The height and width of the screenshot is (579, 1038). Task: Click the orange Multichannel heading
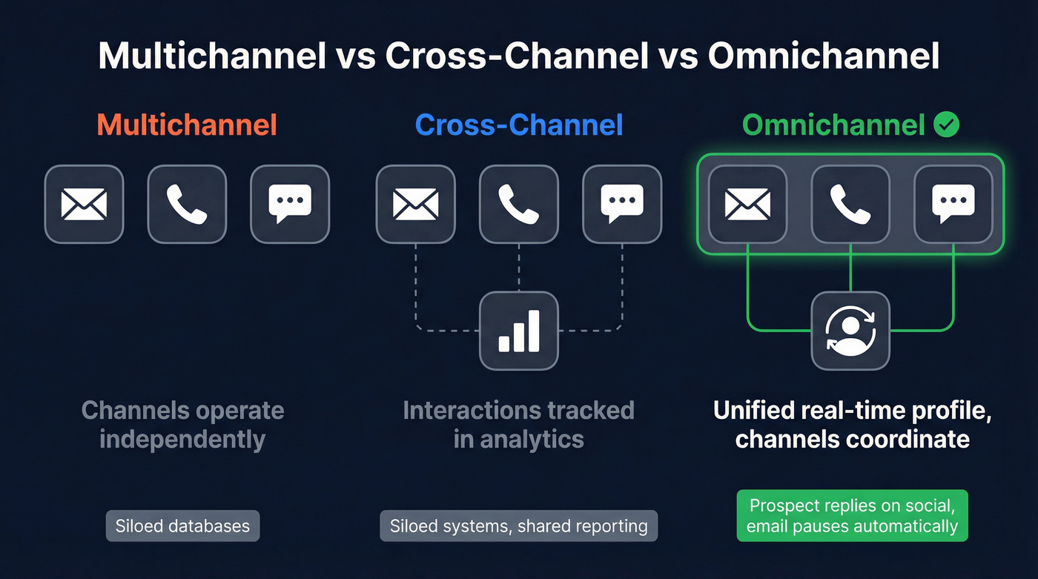click(x=187, y=125)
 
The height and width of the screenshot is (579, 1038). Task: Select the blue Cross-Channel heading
click(x=519, y=125)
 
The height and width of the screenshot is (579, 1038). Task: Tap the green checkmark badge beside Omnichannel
click(x=946, y=125)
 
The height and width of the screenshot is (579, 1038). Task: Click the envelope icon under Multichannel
click(x=84, y=204)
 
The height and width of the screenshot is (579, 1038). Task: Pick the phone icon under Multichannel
click(x=187, y=204)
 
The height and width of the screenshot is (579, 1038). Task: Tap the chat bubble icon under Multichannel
click(x=290, y=204)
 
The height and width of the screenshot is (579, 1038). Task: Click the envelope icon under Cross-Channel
click(x=415, y=204)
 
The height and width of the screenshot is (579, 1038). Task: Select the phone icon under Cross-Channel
click(x=518, y=204)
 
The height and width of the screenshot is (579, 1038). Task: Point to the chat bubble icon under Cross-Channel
click(x=621, y=204)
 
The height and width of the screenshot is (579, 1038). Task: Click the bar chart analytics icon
click(x=518, y=331)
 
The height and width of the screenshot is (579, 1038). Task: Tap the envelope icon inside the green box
click(x=747, y=204)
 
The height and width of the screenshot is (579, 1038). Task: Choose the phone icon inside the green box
click(x=850, y=204)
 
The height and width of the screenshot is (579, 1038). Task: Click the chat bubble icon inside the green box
click(x=953, y=204)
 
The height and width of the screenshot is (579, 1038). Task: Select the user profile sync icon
click(x=850, y=331)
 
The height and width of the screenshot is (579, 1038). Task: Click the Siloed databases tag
click(x=182, y=526)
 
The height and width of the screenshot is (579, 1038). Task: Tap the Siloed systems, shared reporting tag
click(x=519, y=526)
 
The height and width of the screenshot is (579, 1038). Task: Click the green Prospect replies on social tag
click(x=852, y=516)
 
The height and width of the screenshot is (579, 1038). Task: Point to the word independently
click(x=182, y=439)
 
